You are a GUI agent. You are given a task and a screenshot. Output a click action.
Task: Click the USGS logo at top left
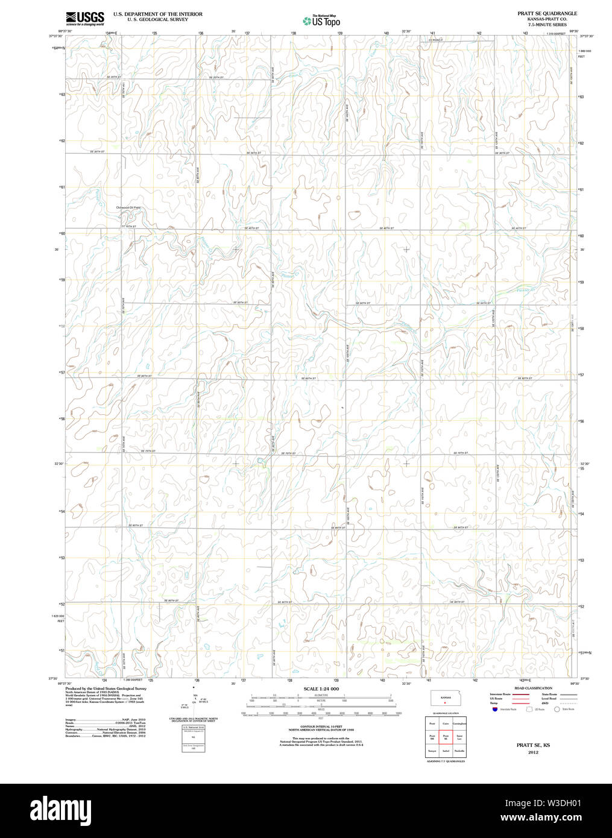(84, 17)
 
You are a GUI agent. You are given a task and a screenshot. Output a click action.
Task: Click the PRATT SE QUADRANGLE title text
(547, 13)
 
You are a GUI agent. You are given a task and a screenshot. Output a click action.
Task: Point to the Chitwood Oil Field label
(128, 207)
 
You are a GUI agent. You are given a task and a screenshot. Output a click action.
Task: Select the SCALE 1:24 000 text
(321, 688)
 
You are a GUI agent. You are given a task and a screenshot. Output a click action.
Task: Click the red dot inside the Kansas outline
(444, 704)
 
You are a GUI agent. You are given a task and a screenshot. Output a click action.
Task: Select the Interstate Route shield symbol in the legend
(494, 710)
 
